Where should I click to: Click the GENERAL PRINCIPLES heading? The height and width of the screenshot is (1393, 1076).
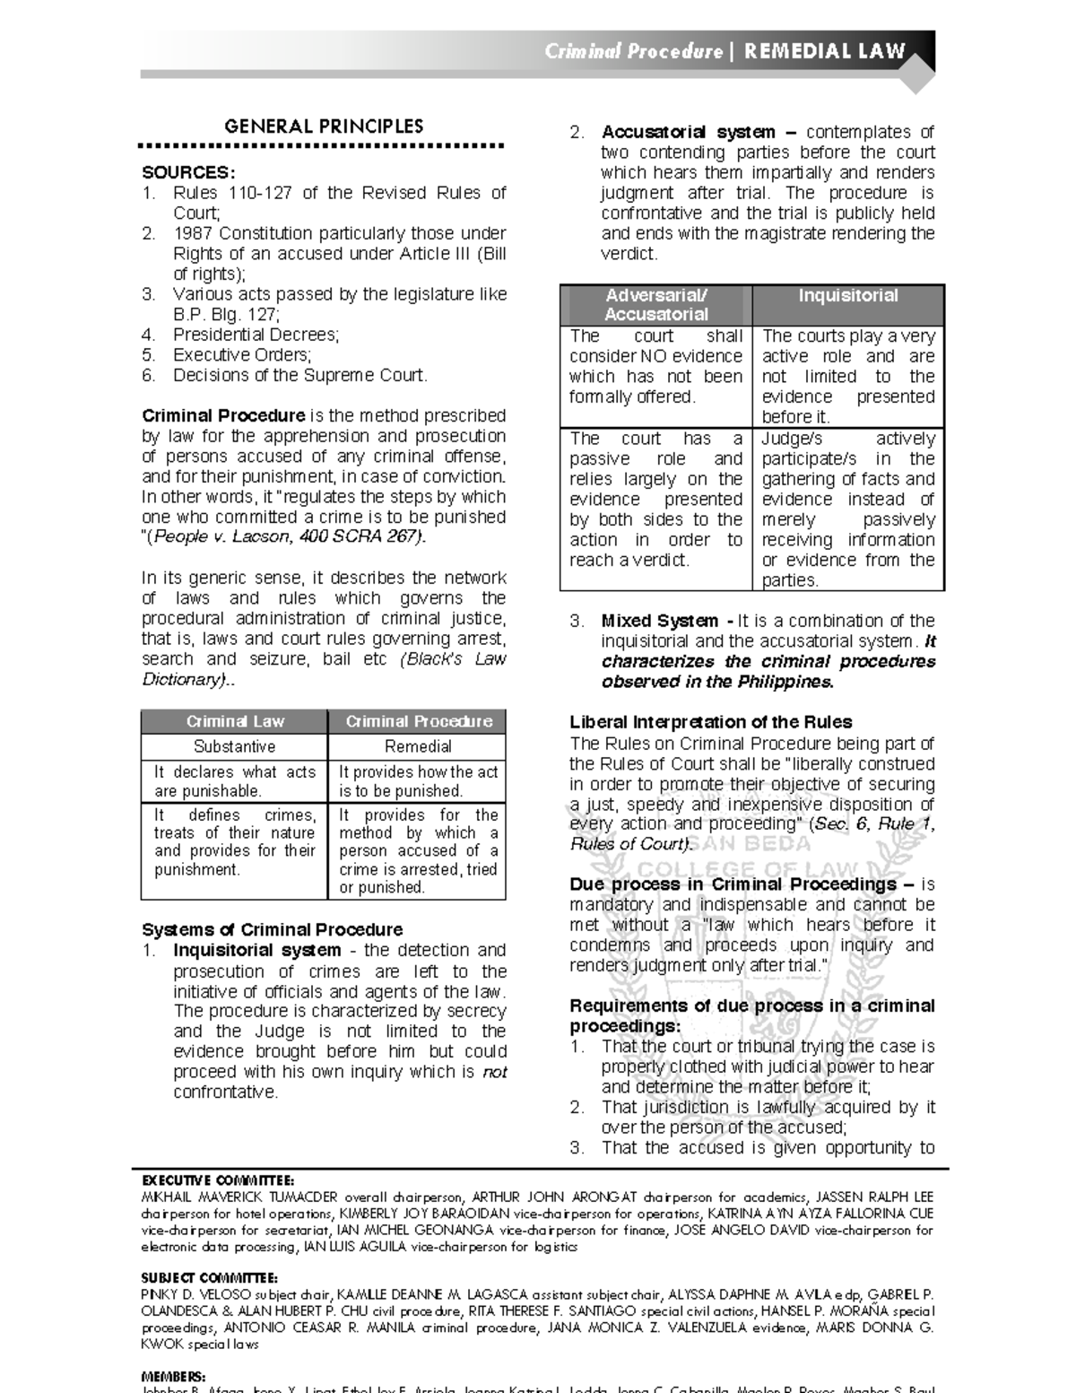click(x=323, y=126)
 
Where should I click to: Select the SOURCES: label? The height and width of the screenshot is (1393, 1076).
click(x=188, y=172)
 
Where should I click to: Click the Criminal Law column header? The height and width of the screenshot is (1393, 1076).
click(x=235, y=721)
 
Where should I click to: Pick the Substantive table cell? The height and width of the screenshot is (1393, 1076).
click(x=235, y=746)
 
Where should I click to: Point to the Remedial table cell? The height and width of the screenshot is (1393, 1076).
click(x=418, y=746)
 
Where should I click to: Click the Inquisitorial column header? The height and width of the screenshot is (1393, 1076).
click(x=847, y=296)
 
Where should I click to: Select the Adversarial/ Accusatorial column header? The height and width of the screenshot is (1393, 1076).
click(x=655, y=305)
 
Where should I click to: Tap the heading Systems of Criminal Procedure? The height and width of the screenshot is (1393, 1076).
click(x=272, y=929)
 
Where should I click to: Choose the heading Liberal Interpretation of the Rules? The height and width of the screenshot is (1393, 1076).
click(x=710, y=722)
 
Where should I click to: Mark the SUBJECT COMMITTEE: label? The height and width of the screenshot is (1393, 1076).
click(x=209, y=1277)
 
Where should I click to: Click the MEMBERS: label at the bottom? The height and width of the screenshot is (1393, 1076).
click(x=173, y=1376)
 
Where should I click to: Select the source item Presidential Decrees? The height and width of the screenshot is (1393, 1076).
click(x=256, y=335)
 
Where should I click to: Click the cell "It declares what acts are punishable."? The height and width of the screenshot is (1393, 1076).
click(x=235, y=781)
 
